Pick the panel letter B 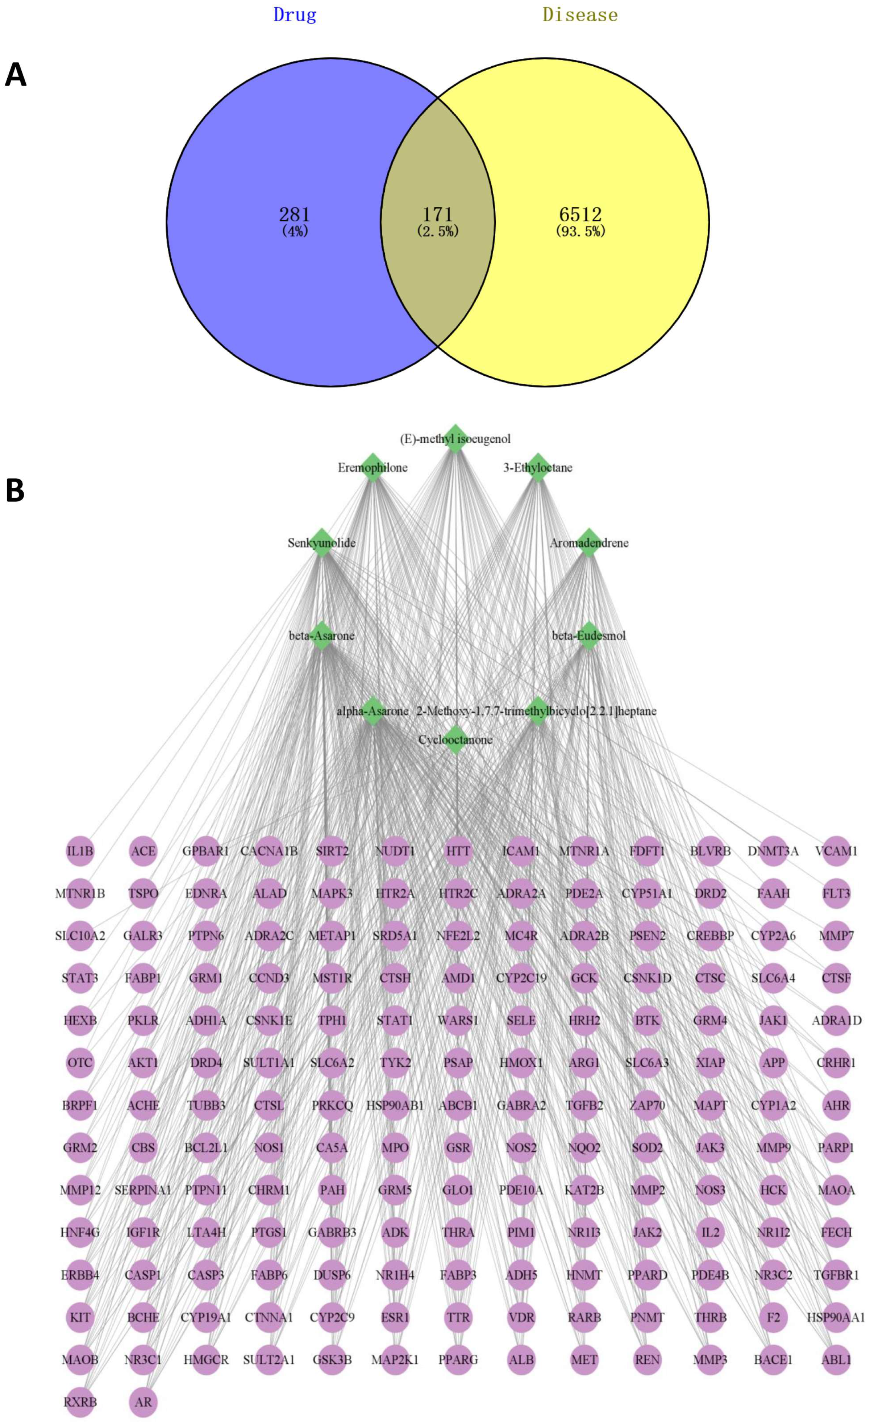[15, 491]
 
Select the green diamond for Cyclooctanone [455, 740]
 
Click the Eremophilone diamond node [373, 467]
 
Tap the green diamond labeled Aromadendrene [588, 543]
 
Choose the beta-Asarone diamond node [322, 636]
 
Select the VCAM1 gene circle [836, 851]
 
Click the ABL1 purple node [836, 1360]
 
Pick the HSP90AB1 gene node [395, 1105]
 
